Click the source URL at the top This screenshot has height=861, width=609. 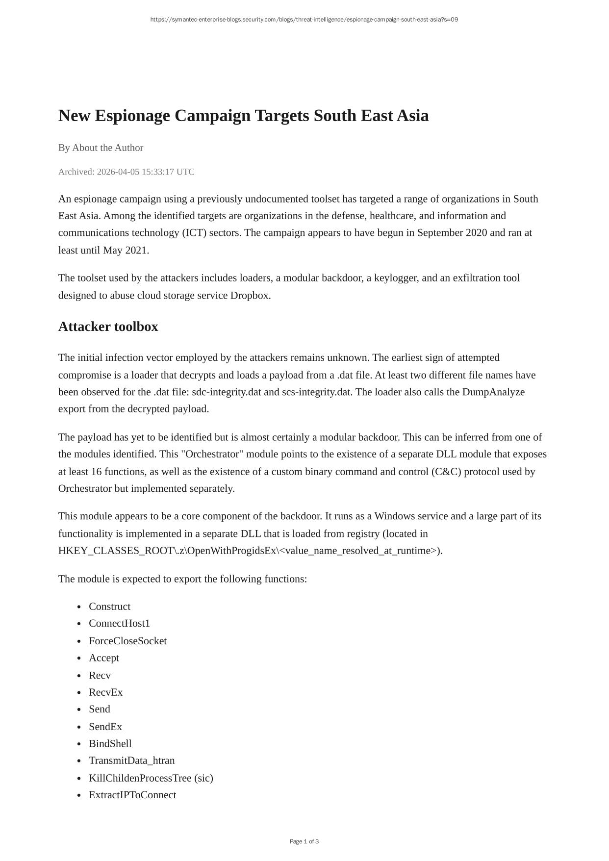304,20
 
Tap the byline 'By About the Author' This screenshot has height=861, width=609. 101,148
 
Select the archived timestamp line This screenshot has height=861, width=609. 126,172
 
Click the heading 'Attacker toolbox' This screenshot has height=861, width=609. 108,327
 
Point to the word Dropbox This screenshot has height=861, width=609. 250,295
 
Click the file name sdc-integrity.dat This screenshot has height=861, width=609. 227,392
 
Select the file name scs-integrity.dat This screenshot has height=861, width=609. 317,392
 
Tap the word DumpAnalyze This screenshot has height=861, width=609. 493,392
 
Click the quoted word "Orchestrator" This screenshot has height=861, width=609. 212,454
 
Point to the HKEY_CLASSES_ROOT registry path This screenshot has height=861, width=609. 250,551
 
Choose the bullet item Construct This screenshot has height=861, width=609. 109,607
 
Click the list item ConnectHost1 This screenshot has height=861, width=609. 119,623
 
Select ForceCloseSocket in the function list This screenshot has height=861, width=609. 127,641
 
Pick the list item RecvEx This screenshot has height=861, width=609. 105,692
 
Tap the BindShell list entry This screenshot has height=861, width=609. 110,743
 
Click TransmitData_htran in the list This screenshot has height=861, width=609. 131,760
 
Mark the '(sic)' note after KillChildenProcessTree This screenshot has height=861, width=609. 203,778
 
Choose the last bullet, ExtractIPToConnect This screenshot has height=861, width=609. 132,795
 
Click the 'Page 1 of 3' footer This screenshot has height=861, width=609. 304,841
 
